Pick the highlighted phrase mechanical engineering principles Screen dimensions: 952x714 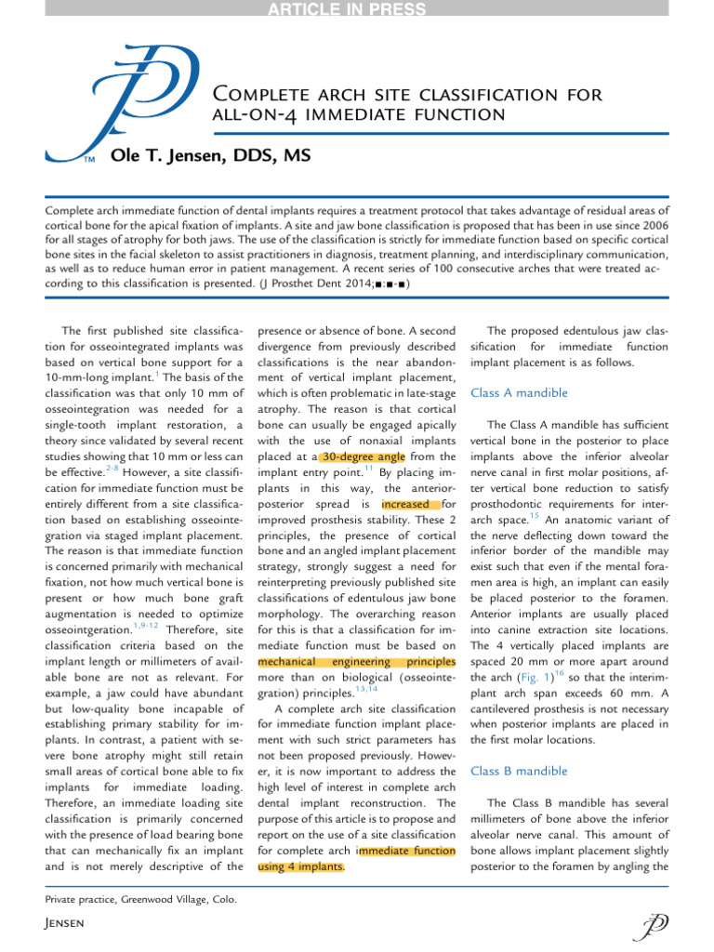[357, 662]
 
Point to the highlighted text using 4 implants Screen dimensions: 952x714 [299, 867]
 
